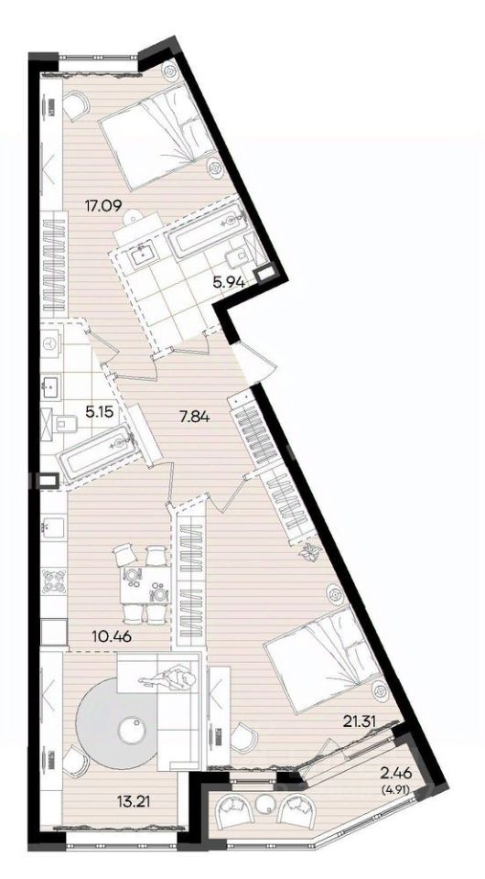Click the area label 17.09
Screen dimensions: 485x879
tap(103, 204)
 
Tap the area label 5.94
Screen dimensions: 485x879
tap(229, 283)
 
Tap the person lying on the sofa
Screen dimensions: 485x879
tap(168, 679)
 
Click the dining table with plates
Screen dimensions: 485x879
tap(145, 585)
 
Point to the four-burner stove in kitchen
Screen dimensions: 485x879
tap(53, 582)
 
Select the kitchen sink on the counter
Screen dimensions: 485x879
tap(53, 526)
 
